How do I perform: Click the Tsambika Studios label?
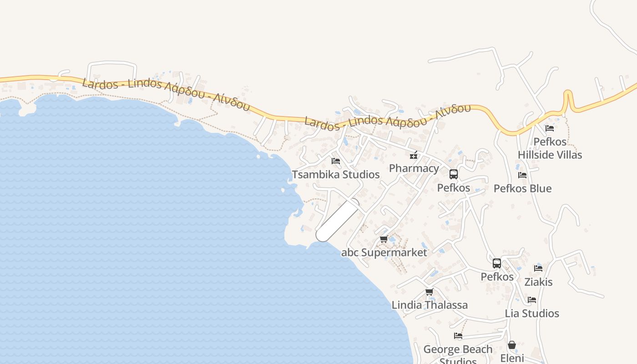(x=336, y=174)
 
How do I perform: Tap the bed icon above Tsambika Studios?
(x=336, y=161)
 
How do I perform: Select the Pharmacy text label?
(x=414, y=168)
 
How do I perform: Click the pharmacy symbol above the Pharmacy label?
(x=414, y=155)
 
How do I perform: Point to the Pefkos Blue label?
(x=522, y=188)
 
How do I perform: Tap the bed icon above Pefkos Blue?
(x=522, y=175)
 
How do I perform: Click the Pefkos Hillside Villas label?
(x=550, y=148)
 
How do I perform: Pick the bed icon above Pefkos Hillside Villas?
(x=550, y=128)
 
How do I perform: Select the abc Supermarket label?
(x=384, y=253)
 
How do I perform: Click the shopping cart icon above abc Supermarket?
(x=384, y=239)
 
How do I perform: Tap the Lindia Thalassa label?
(x=430, y=305)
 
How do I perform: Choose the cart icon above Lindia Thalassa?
(x=429, y=292)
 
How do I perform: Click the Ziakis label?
(x=538, y=282)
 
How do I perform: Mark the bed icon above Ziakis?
(x=538, y=268)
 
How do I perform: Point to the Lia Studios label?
(x=532, y=313)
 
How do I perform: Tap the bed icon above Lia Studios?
(x=532, y=300)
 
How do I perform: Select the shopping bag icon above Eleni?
(x=512, y=345)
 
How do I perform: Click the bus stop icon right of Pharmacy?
(x=454, y=174)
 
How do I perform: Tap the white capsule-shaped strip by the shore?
(x=338, y=220)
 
